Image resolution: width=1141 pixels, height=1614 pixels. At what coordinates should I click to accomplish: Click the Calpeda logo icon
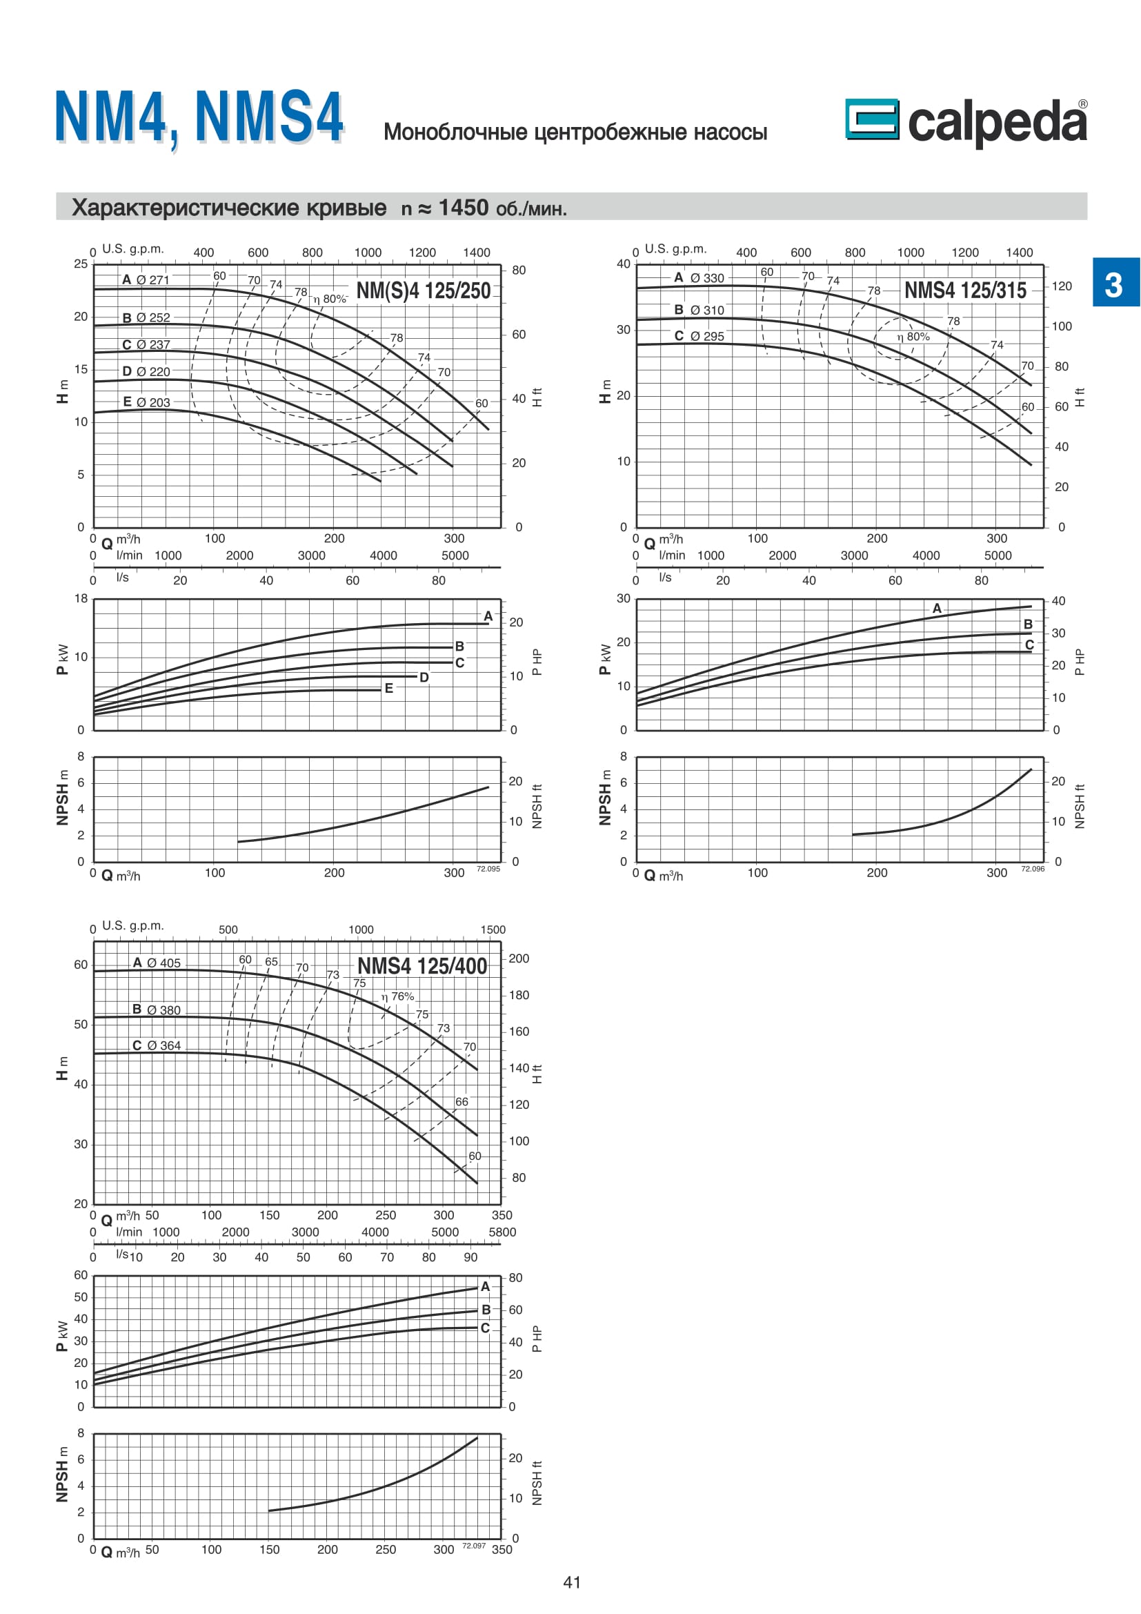tap(871, 119)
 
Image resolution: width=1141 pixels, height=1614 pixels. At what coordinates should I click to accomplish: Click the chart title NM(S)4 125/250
tap(423, 291)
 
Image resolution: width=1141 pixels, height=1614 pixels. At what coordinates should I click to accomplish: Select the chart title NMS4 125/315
tap(964, 291)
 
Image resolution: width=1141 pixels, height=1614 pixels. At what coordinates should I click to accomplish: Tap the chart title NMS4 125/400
tap(421, 966)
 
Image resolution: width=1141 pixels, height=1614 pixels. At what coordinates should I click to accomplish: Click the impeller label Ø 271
tap(152, 279)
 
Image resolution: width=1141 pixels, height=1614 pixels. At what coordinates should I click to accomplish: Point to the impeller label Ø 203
tap(152, 402)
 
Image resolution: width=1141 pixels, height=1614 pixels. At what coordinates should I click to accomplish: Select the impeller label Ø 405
tap(163, 963)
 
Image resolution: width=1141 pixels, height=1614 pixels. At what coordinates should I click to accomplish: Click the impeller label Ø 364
tap(163, 1045)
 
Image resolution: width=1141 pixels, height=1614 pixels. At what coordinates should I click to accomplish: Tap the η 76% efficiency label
tap(397, 996)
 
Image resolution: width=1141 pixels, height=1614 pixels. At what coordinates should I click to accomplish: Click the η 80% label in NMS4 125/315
tap(913, 337)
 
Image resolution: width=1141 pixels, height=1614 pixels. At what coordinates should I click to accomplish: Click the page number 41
tap(572, 1582)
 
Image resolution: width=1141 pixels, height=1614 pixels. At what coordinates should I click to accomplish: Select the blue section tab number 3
tap(1114, 284)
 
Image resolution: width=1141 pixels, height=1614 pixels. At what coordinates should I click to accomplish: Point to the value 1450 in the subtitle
tap(463, 208)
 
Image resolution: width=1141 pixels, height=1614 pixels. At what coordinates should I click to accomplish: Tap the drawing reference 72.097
tap(473, 1546)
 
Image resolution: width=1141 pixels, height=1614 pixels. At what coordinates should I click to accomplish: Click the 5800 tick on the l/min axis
tap(502, 1232)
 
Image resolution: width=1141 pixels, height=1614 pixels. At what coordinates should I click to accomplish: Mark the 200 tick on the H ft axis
tap(519, 958)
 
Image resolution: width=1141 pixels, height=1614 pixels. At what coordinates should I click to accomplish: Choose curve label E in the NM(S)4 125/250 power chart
tap(388, 689)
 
